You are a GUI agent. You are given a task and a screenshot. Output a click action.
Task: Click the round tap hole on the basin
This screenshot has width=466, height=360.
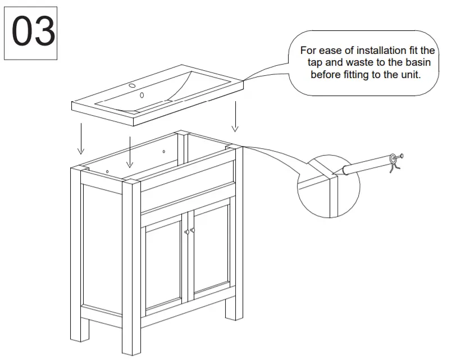133,86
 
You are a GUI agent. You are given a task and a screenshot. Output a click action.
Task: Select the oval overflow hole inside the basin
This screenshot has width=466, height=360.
141,95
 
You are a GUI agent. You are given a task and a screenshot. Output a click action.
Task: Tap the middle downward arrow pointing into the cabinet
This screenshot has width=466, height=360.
130,152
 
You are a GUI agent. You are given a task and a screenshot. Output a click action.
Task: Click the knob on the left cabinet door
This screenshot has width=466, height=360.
186,232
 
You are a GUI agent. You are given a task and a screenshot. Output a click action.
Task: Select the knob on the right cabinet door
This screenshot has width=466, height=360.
193,230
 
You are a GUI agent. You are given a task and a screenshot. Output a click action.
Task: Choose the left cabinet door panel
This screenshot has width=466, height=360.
163,264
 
